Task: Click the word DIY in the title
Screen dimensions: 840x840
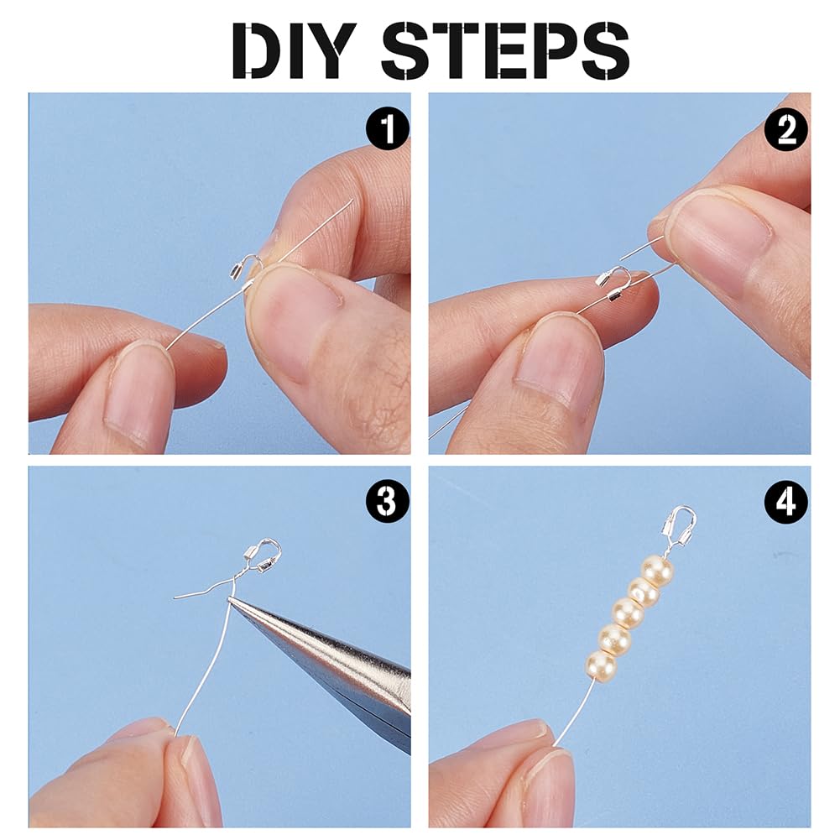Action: [298, 50]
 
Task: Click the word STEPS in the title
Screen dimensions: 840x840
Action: [503, 50]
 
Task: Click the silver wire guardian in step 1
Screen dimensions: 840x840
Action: [243, 274]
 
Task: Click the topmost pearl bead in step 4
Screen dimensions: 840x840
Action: [657, 571]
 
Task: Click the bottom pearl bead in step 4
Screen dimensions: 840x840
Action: [601, 664]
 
